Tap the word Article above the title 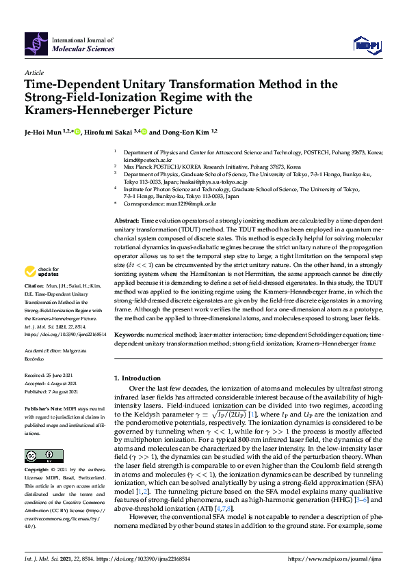pyautogui.click(x=34, y=72)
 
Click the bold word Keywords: pyautogui.click(x=129, y=335)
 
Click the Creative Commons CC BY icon pyautogui.click(x=40, y=455)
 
